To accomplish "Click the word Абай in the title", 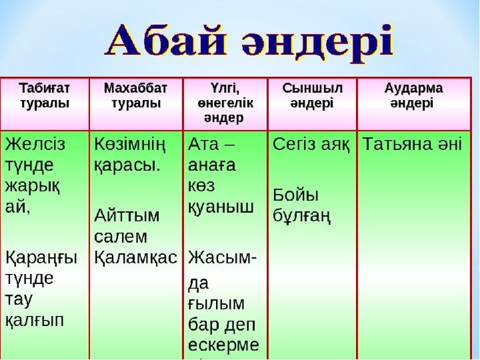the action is tap(165, 43).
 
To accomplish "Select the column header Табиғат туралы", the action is tap(45, 95).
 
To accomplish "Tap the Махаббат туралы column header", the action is tap(135, 95).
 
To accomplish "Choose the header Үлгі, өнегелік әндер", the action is tap(225, 103).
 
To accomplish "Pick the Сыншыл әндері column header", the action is tap(312, 95).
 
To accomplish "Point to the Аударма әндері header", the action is tap(413, 95).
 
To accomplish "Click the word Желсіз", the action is tap(35, 144).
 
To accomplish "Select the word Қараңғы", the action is tap(41, 258).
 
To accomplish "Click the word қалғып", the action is tap(35, 321).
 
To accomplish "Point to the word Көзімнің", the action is tap(130, 145).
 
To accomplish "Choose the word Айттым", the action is tap(127, 215).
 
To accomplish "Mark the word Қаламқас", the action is tap(135, 258).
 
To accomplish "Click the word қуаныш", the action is tap(221, 207).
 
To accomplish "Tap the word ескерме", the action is tap(223, 345).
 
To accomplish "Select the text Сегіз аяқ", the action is tap(311, 145).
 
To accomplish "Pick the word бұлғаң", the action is tap(302, 217).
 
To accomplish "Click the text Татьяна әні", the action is tap(413, 144).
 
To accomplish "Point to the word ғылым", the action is tap(216, 304).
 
